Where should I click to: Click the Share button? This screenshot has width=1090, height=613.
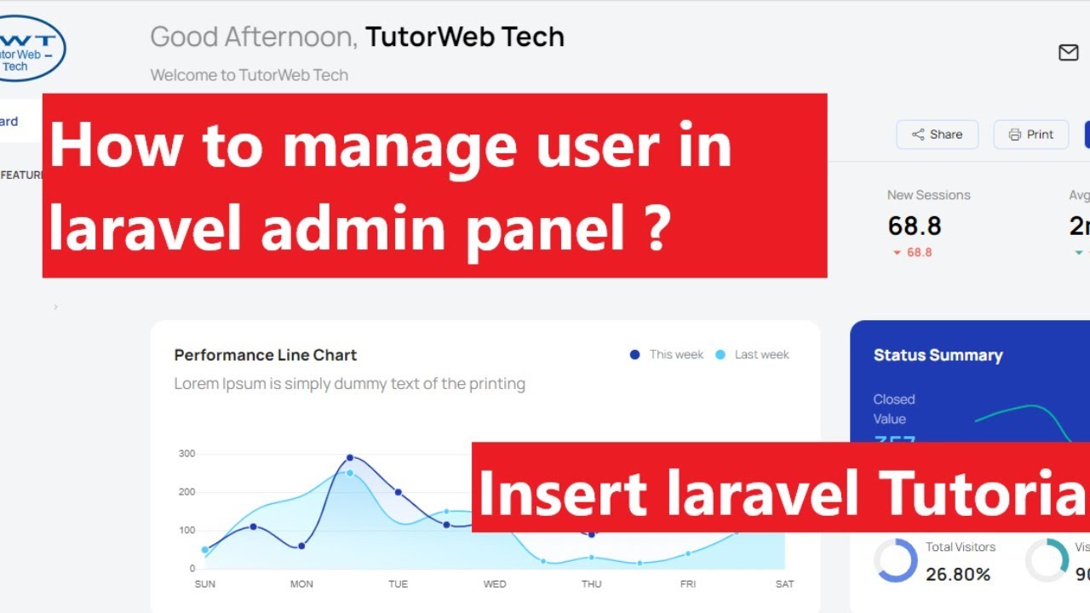pyautogui.click(x=937, y=135)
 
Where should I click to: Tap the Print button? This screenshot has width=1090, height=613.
pyautogui.click(x=1030, y=135)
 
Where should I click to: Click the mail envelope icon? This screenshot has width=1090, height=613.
pyautogui.click(x=1068, y=53)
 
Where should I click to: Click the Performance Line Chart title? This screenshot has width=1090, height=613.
pyautogui.click(x=265, y=355)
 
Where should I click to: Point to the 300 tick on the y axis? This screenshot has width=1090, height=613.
pyautogui.click(x=186, y=454)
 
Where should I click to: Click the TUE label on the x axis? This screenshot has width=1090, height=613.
pyautogui.click(x=398, y=584)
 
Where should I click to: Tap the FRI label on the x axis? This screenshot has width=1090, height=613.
pyautogui.click(x=688, y=584)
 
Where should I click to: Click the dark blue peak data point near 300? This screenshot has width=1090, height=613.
pyautogui.click(x=350, y=458)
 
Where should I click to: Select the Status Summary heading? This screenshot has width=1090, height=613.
pyautogui.click(x=938, y=355)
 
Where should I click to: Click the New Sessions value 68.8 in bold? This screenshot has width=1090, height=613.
pyautogui.click(x=915, y=226)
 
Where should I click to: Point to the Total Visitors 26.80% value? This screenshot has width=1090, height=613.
pyautogui.click(x=958, y=575)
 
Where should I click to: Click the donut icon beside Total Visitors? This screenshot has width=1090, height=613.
pyautogui.click(x=896, y=561)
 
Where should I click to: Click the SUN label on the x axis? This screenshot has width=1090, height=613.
pyautogui.click(x=204, y=584)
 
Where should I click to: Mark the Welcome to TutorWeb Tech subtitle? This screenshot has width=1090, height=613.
pyautogui.click(x=249, y=75)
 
